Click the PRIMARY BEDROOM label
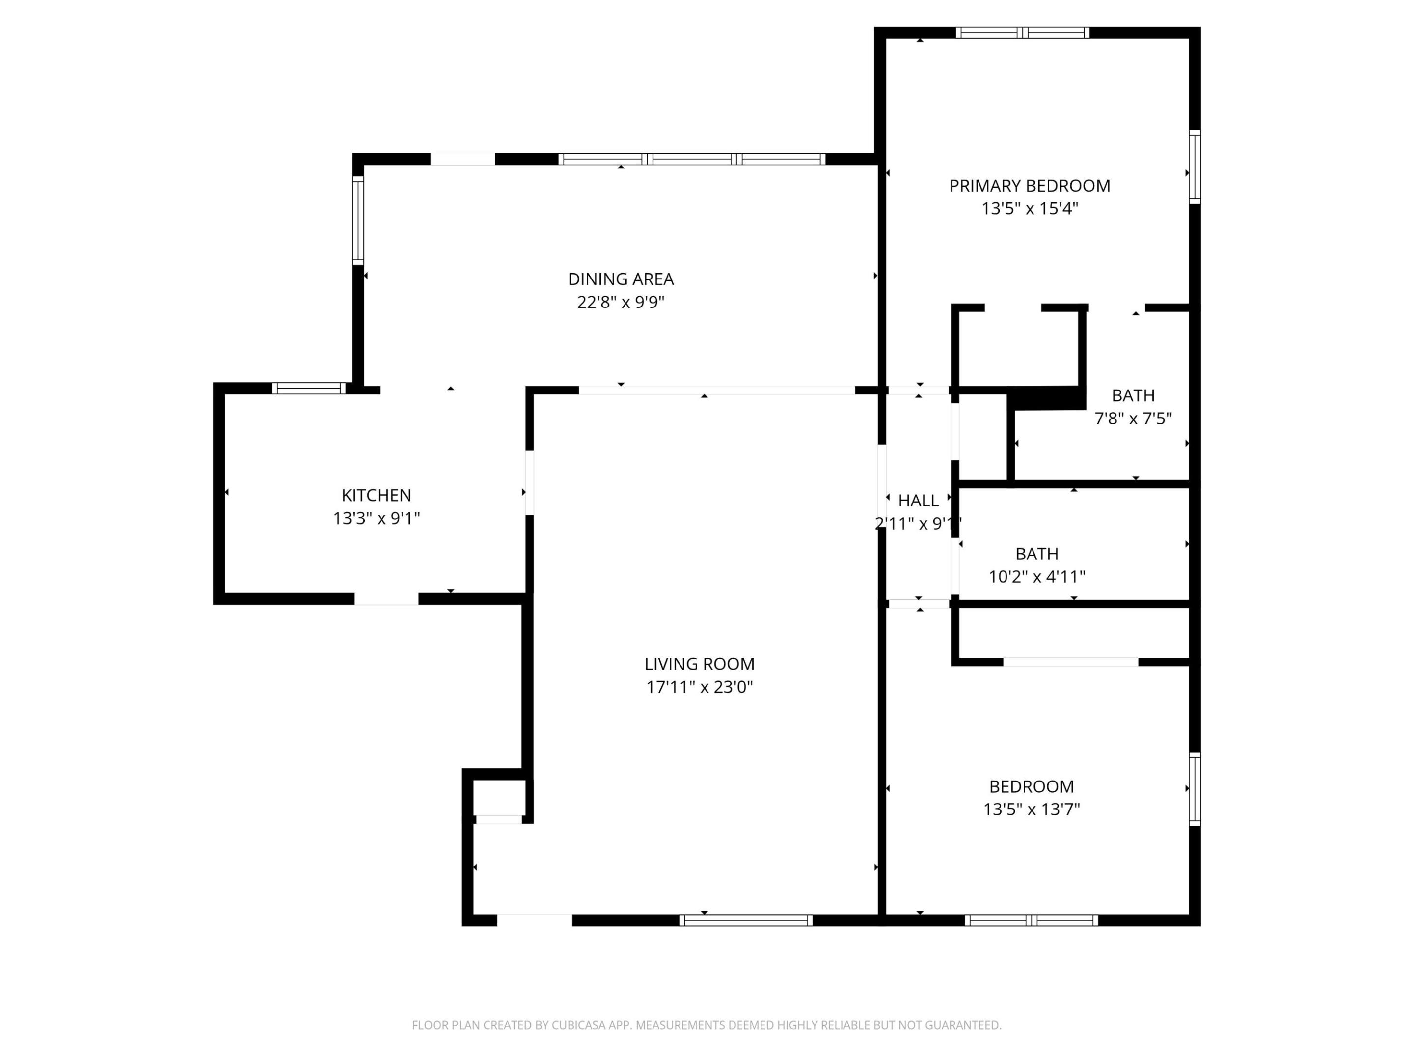tap(1029, 186)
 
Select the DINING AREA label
tap(621, 279)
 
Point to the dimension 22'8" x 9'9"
tap(621, 303)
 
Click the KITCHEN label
tap(376, 495)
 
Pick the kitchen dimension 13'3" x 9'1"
tap(376, 518)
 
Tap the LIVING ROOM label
tap(699, 664)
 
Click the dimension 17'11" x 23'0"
tap(699, 687)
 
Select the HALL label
tap(918, 501)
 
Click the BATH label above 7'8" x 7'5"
tap(1133, 396)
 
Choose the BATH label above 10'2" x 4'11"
tap(1037, 554)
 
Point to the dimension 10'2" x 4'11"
tap(1037, 577)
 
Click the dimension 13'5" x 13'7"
tap(1031, 810)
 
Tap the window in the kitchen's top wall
tap(309, 388)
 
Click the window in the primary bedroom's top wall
tap(1022, 32)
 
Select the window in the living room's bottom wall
tap(745, 921)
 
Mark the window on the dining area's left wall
tap(358, 220)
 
